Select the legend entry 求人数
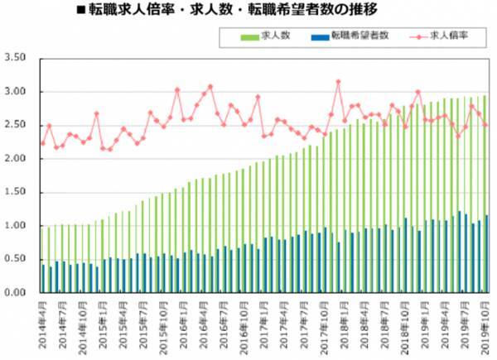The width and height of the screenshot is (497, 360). click(x=274, y=37)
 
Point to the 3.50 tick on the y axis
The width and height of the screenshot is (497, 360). click(x=16, y=58)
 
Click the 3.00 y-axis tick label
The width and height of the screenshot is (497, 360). click(x=16, y=92)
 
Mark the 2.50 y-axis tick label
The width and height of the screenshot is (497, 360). click(x=16, y=125)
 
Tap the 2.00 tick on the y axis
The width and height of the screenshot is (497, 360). click(x=16, y=159)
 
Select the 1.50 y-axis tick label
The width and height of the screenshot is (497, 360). click(x=16, y=192)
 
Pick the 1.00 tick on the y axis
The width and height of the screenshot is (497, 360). click(x=16, y=226)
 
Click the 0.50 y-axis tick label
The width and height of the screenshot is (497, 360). click(x=16, y=259)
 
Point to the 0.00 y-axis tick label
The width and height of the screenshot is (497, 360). click(x=16, y=293)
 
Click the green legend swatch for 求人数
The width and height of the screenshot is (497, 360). click(x=247, y=37)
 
